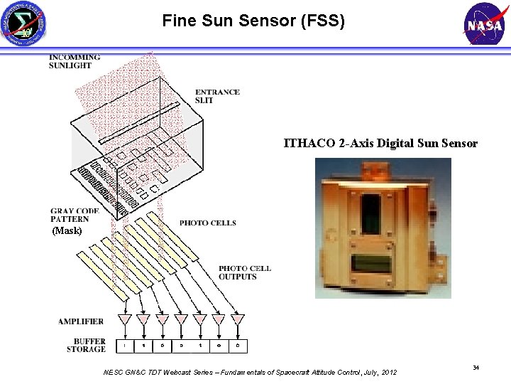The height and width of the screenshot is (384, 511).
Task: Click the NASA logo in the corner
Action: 485,25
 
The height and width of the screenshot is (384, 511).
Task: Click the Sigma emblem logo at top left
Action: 26,25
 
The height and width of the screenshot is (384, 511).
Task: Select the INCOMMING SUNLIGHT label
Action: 74,61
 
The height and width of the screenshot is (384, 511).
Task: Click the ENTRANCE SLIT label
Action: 217,96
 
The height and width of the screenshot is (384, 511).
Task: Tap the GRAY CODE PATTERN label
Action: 75,215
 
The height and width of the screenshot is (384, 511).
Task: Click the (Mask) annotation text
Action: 67,231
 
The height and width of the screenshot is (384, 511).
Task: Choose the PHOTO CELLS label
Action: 207,223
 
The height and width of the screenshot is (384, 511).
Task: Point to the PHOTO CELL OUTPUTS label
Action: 244,272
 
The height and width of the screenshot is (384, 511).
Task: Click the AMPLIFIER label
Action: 81,322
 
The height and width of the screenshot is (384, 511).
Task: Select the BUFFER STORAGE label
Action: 86,345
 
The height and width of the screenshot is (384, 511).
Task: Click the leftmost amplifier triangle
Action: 126,320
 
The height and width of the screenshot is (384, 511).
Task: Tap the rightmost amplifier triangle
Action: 237,320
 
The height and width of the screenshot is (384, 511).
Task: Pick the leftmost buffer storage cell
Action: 125,346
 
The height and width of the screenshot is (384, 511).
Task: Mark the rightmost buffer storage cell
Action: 237,346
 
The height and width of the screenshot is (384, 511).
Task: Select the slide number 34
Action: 476,367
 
